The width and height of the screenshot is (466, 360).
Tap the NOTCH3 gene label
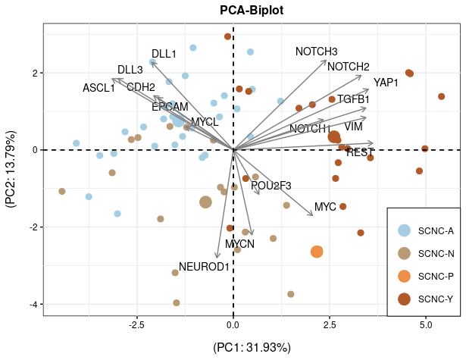(x=316, y=52)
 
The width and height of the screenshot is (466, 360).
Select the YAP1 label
(x=386, y=82)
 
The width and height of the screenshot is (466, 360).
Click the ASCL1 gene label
(x=99, y=88)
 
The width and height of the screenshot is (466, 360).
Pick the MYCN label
(x=239, y=244)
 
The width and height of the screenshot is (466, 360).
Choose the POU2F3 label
(x=271, y=186)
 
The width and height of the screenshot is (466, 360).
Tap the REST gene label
(x=359, y=153)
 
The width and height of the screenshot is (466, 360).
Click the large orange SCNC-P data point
(x=317, y=252)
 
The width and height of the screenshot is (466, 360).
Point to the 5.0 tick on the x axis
(x=426, y=325)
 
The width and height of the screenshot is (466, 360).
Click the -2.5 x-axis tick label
(x=136, y=325)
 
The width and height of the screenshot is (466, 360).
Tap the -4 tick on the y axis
(x=34, y=304)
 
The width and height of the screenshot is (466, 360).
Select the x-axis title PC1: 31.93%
(x=252, y=348)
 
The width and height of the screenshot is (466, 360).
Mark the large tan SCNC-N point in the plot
(x=205, y=202)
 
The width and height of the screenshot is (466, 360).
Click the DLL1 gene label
(x=164, y=54)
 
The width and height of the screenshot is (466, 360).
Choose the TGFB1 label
(x=353, y=99)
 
